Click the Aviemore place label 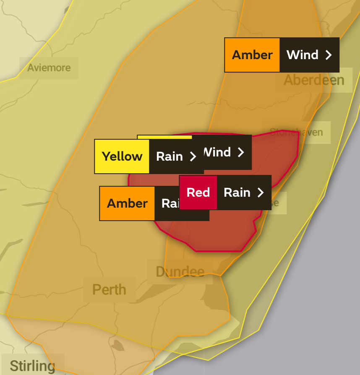pyautogui.click(x=49, y=68)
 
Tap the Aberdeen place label pyautogui.click(x=314, y=80)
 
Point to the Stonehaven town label pyautogui.click(x=297, y=132)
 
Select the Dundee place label pyautogui.click(x=180, y=271)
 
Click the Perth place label pyautogui.click(x=109, y=289)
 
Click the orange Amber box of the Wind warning pyautogui.click(x=252, y=55)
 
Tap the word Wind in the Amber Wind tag pyautogui.click(x=303, y=55)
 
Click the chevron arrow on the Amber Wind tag pyautogui.click(x=329, y=55)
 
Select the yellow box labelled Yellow pyautogui.click(x=122, y=156)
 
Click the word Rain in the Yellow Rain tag pyautogui.click(x=170, y=156)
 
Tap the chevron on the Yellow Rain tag pyautogui.click(x=193, y=156)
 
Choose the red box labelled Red pyautogui.click(x=198, y=193)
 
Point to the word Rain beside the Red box pyautogui.click(x=237, y=193)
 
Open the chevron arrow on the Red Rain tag pyautogui.click(x=261, y=193)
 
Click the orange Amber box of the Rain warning pyautogui.click(x=127, y=203)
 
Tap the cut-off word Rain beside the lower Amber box pyautogui.click(x=170, y=203)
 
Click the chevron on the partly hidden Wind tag pyautogui.click(x=241, y=152)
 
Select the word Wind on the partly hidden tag pyautogui.click(x=218, y=152)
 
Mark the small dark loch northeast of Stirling pyautogui.click(x=119, y=346)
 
